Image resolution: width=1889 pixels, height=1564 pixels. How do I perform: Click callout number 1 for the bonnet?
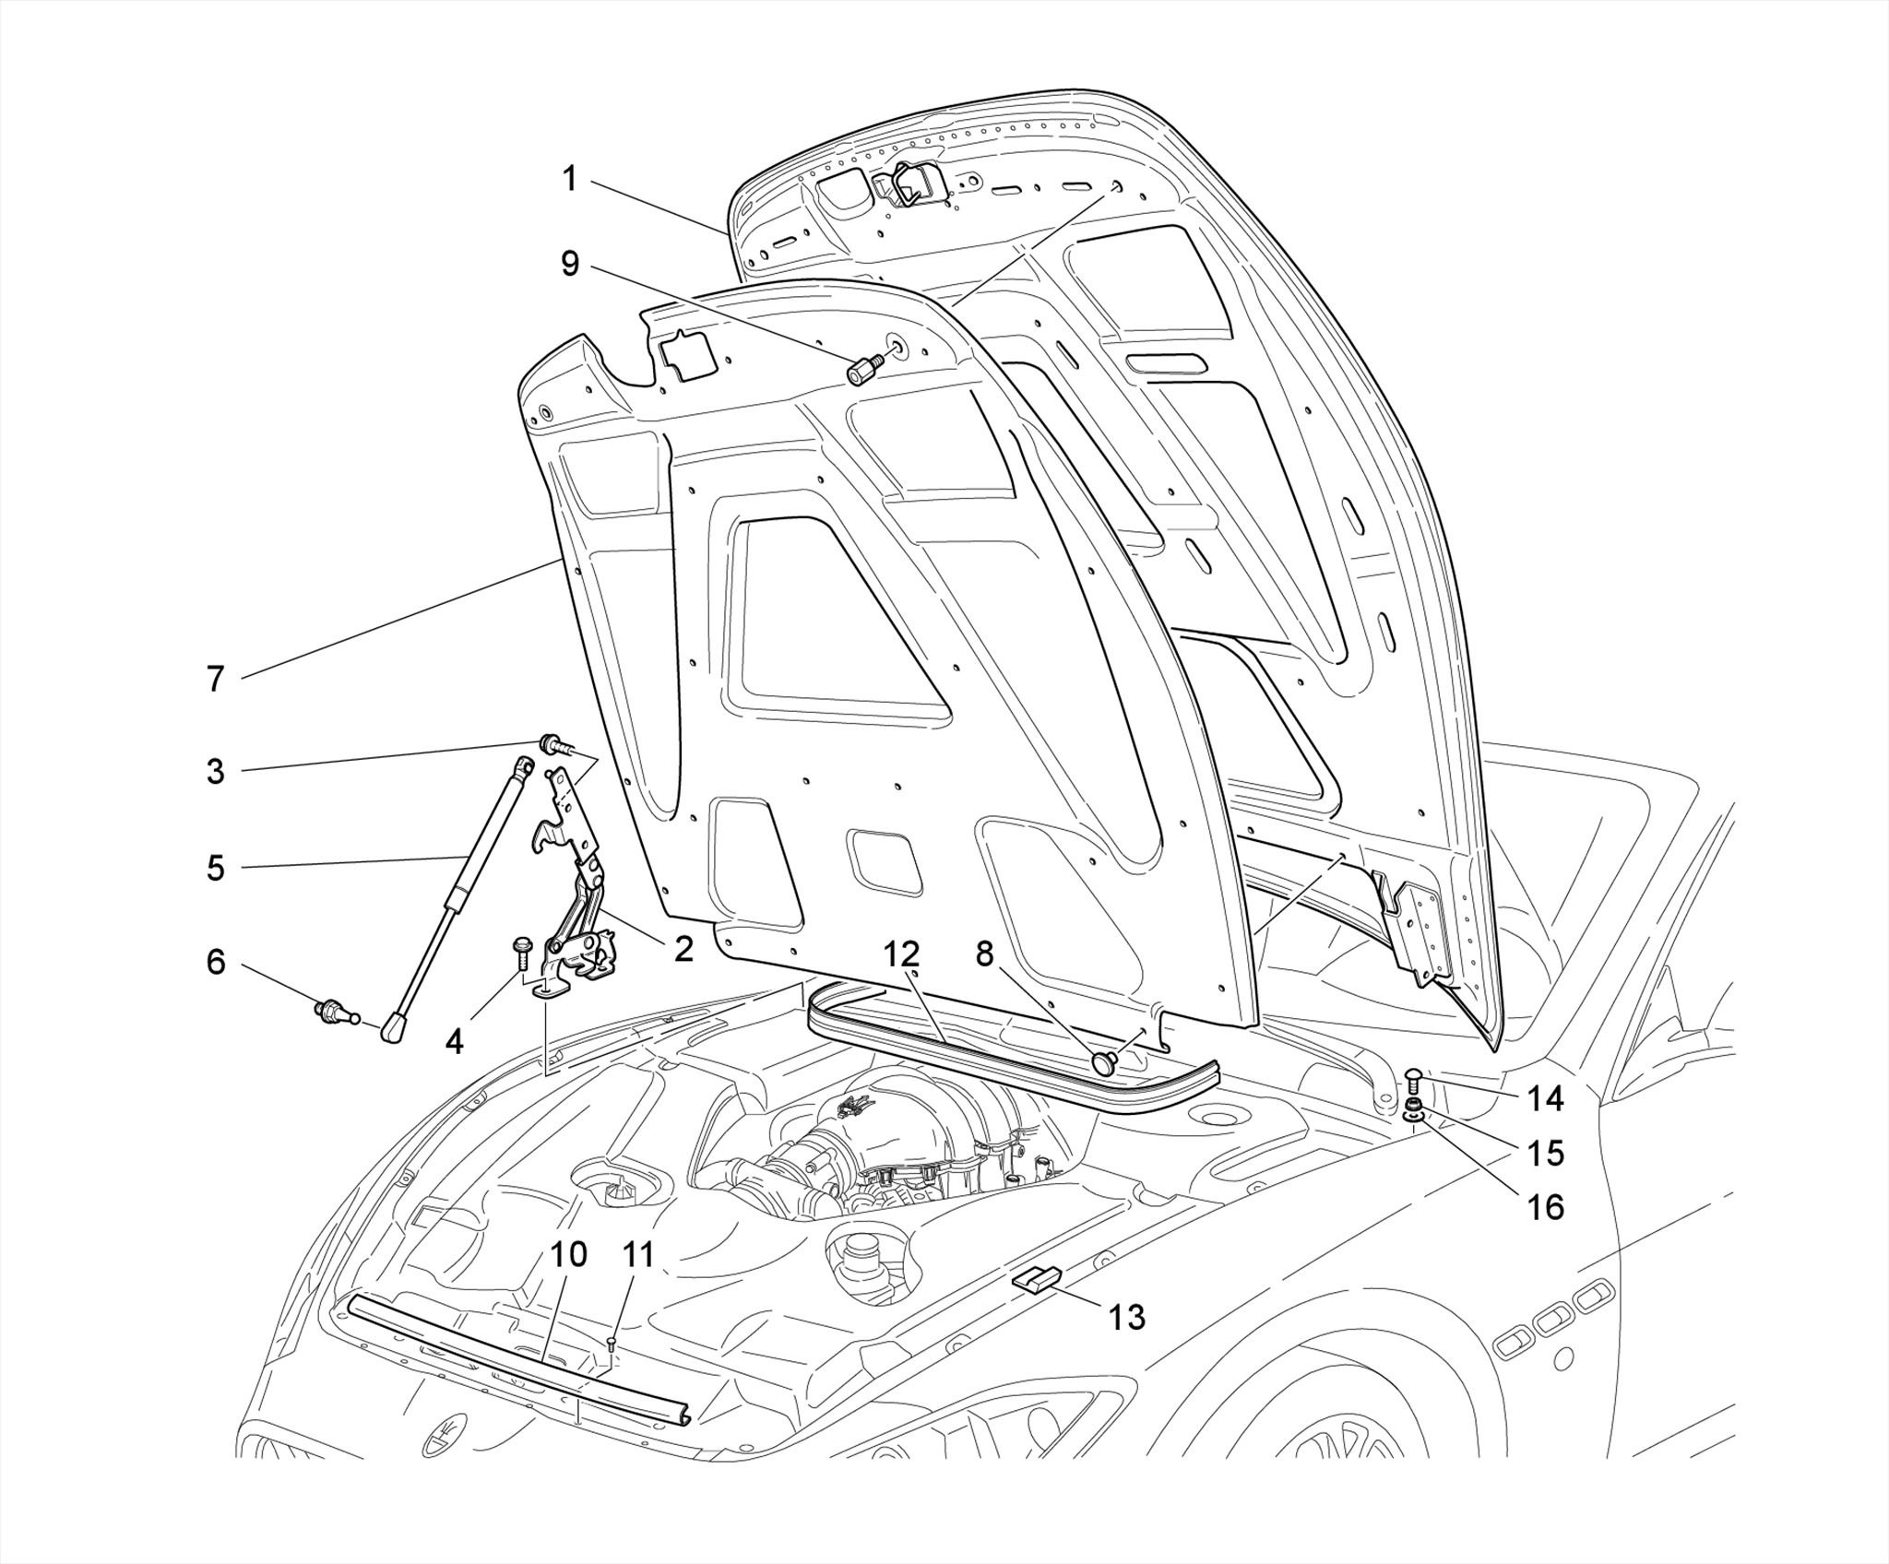tap(569, 178)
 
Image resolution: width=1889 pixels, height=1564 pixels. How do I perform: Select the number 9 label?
tap(570, 264)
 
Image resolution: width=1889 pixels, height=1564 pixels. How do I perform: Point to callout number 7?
tap(215, 680)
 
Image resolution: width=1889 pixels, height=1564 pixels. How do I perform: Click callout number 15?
tap(1545, 1153)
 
